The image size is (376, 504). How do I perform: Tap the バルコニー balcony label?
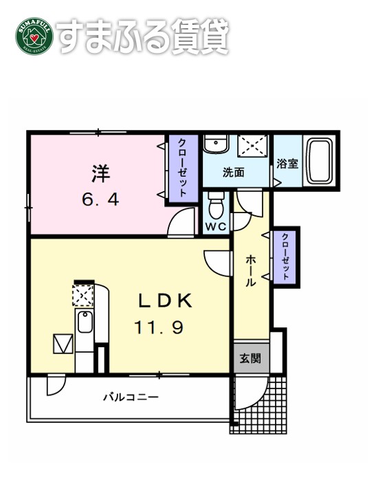(x=131, y=397)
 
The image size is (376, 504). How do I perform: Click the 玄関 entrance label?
(x=250, y=358)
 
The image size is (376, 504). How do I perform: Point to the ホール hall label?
(x=251, y=270)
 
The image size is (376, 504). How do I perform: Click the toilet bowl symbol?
(x=217, y=205)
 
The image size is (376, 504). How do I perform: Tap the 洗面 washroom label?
(x=233, y=173)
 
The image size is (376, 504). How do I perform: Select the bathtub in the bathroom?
(x=319, y=160)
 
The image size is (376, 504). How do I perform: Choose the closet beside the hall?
(x=284, y=256)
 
